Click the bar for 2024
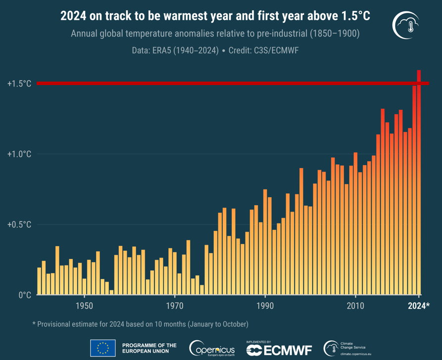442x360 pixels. click(x=419, y=183)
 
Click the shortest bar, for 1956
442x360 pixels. click(x=111, y=292)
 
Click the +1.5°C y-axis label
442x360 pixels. click(x=19, y=84)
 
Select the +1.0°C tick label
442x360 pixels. click(x=19, y=154)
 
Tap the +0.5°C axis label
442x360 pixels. click(x=19, y=225)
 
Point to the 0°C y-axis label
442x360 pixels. click(x=25, y=295)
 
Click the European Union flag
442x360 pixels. click(x=102, y=348)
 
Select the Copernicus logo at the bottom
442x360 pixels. click(x=212, y=349)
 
